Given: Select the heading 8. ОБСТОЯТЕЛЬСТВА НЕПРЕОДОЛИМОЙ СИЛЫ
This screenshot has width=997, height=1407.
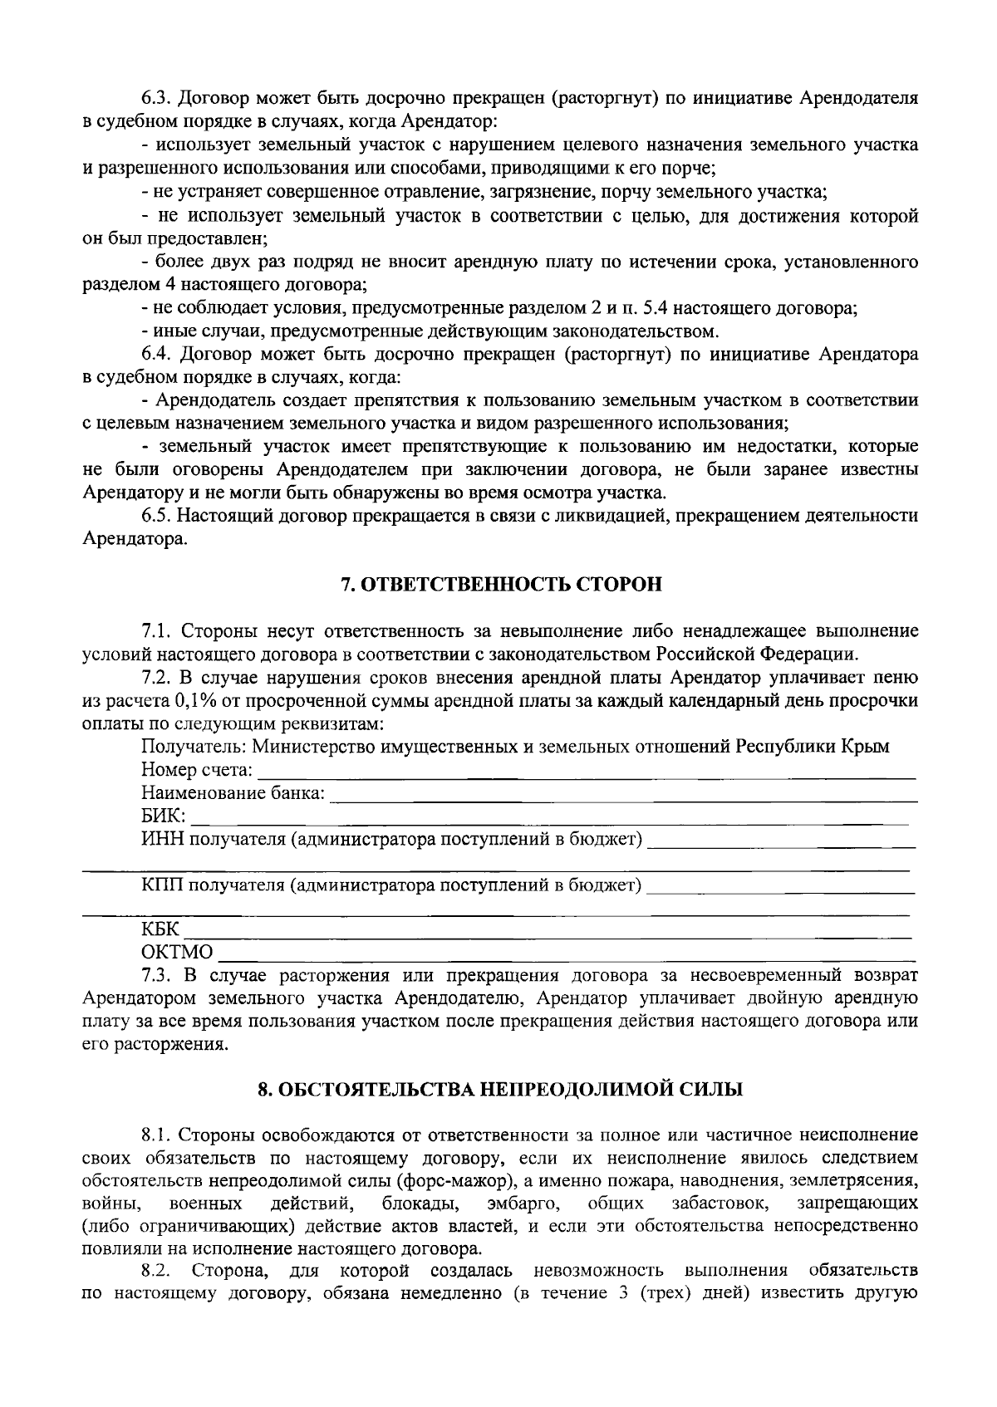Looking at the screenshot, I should click(499, 1089).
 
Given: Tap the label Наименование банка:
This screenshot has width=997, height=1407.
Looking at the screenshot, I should click(233, 793).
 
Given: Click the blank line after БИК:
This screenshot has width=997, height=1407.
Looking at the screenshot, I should click(548, 817).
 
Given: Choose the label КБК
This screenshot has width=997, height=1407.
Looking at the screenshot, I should click(160, 929).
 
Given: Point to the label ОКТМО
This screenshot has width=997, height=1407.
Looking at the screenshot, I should click(177, 952).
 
